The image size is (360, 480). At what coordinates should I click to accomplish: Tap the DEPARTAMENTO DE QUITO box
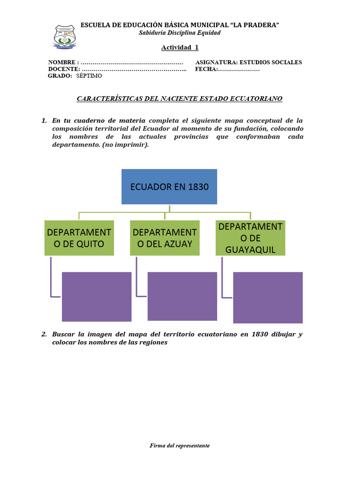coord(79,238)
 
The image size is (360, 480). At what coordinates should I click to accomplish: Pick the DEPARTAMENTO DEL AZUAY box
coord(165,238)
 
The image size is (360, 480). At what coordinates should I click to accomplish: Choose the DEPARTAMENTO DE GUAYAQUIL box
coord(250,238)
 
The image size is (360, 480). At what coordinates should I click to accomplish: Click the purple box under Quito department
coord(97,297)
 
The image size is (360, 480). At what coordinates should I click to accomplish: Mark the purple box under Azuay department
coord(182,296)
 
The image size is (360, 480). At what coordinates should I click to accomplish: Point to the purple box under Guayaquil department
coord(268,298)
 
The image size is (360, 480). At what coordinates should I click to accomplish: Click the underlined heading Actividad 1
coord(180,47)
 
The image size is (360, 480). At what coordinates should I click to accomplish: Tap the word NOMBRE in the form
coord(62,62)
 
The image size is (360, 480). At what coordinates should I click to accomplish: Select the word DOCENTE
coord(63,69)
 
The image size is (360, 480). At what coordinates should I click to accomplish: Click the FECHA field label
coord(206,69)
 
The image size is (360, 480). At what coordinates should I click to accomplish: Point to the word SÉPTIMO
coord(88,75)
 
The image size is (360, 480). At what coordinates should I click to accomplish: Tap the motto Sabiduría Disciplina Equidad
coord(180,33)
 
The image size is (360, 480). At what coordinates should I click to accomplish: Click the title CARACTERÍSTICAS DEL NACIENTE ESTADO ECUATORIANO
coord(180,99)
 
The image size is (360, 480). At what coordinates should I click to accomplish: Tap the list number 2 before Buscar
coord(44,334)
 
